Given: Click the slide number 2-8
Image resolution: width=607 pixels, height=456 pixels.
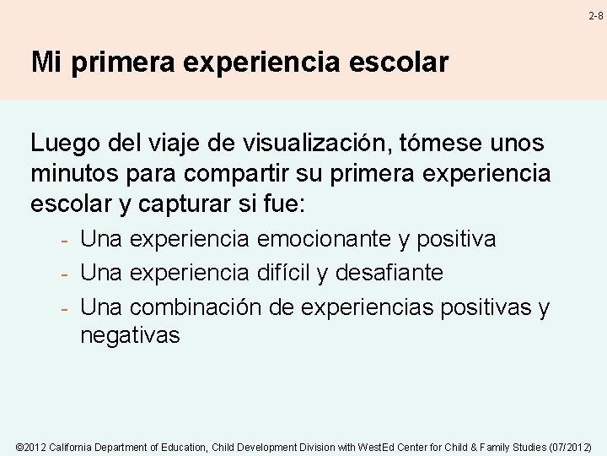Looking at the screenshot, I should pos(596,15).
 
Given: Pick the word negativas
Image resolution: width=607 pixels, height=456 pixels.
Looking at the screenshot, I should pos(130,335).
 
